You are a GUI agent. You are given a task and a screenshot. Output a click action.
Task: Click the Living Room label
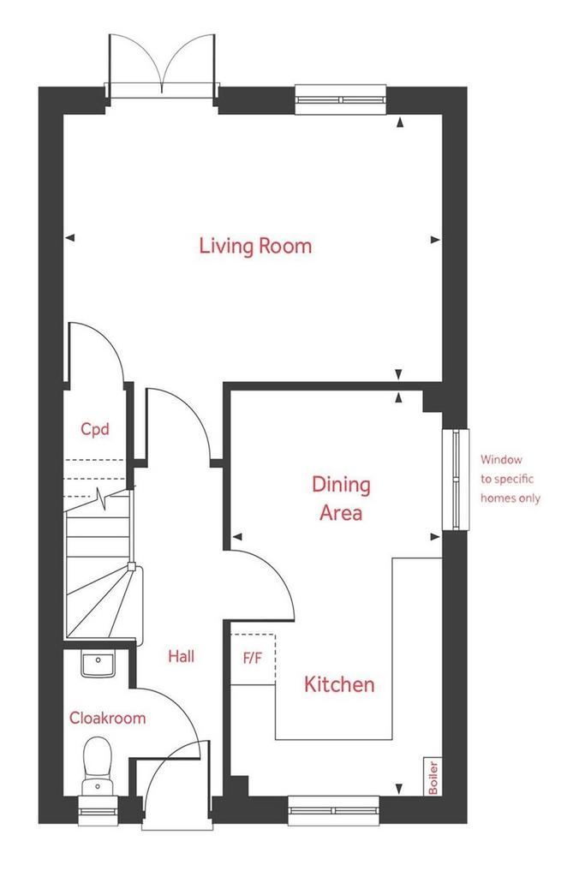pyautogui.click(x=255, y=246)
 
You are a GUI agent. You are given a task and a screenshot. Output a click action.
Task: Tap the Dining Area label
pyautogui.click(x=341, y=498)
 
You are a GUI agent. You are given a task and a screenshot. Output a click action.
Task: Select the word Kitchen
pyautogui.click(x=339, y=684)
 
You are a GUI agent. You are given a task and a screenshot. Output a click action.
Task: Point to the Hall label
pyautogui.click(x=182, y=656)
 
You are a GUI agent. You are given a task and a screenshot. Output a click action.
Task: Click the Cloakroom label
pyautogui.click(x=107, y=718)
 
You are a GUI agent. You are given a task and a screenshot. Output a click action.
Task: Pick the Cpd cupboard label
pyautogui.click(x=94, y=429)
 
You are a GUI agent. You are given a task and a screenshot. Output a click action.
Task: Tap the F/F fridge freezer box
pyautogui.click(x=253, y=659)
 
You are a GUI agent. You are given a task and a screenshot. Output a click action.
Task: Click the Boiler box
pyautogui.click(x=433, y=776)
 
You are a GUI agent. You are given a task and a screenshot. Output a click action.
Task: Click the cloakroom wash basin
pyautogui.click(x=98, y=664)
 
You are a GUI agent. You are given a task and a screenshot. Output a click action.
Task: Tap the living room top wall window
pyautogui.click(x=341, y=99)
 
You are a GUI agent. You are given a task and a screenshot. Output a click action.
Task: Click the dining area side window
pyautogui.click(x=456, y=480)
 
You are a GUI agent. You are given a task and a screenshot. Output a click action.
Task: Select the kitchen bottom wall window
pyautogui.click(x=333, y=810)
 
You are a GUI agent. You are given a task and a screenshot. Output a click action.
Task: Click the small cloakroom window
pyautogui.click(x=98, y=810)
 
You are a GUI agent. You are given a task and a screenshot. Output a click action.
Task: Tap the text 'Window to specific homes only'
pyautogui.click(x=510, y=479)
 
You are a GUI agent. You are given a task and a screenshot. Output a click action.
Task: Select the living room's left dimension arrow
pyautogui.click(x=70, y=238)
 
